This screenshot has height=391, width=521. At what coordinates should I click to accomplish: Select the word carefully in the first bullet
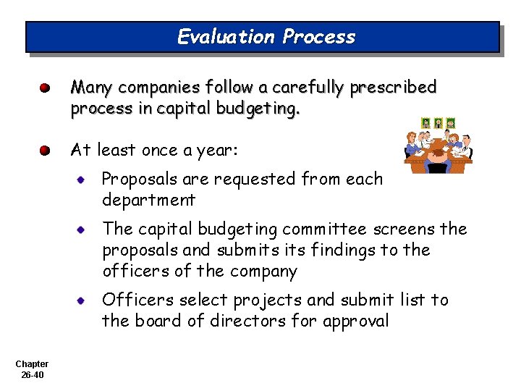pyautogui.click(x=306, y=88)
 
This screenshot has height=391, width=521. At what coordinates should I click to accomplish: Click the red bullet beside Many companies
pyautogui.click(x=45, y=88)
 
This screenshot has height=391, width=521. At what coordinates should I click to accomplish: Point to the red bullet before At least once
pyautogui.click(x=45, y=151)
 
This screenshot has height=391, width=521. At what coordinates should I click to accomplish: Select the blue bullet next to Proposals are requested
pyautogui.click(x=84, y=179)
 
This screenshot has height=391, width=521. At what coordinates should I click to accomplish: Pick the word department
pyautogui.click(x=148, y=200)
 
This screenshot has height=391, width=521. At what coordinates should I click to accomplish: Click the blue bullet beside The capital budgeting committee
pyautogui.click(x=84, y=230)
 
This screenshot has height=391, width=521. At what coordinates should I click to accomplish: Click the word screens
pyautogui.click(x=405, y=230)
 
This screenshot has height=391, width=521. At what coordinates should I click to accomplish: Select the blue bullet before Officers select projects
pyautogui.click(x=84, y=300)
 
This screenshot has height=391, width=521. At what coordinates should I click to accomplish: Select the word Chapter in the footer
pyautogui.click(x=32, y=364)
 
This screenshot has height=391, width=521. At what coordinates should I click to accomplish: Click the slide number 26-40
pyautogui.click(x=32, y=375)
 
